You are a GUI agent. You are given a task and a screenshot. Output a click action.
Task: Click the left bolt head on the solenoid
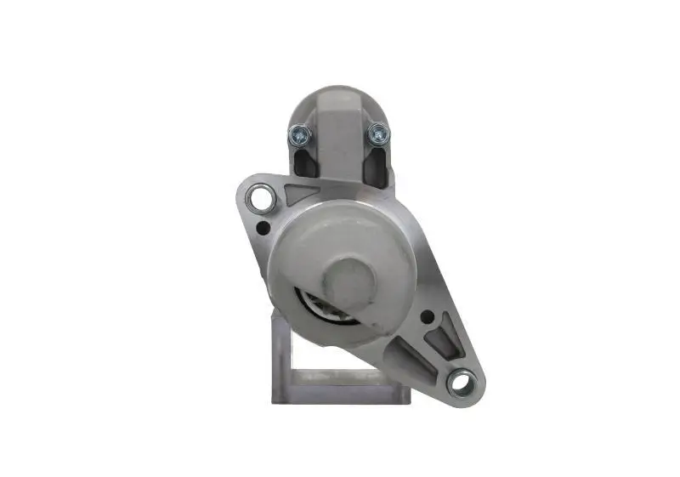click(298, 133)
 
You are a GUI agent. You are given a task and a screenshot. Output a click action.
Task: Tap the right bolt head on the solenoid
click(377, 133)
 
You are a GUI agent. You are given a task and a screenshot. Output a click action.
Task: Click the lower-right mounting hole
click(460, 383)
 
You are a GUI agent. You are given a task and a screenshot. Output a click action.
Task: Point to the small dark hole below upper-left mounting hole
click(264, 228)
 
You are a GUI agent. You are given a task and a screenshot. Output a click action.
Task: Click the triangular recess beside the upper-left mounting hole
click(299, 192)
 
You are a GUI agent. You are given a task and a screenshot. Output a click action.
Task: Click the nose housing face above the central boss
click(340, 230)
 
